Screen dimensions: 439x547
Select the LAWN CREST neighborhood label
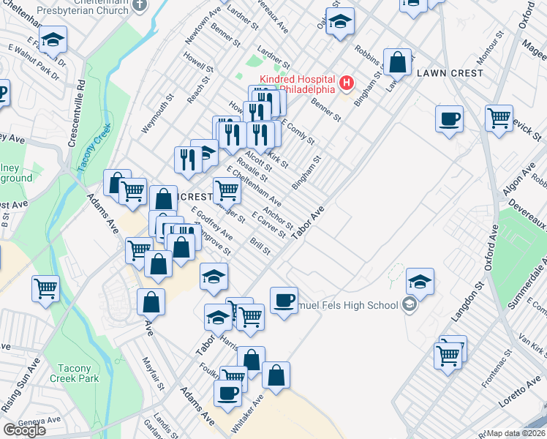(449, 73)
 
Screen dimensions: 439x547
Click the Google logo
(24, 430)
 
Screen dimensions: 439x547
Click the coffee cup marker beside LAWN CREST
(449, 118)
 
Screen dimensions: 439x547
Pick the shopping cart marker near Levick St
(499, 118)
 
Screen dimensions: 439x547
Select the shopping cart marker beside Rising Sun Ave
(45, 288)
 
